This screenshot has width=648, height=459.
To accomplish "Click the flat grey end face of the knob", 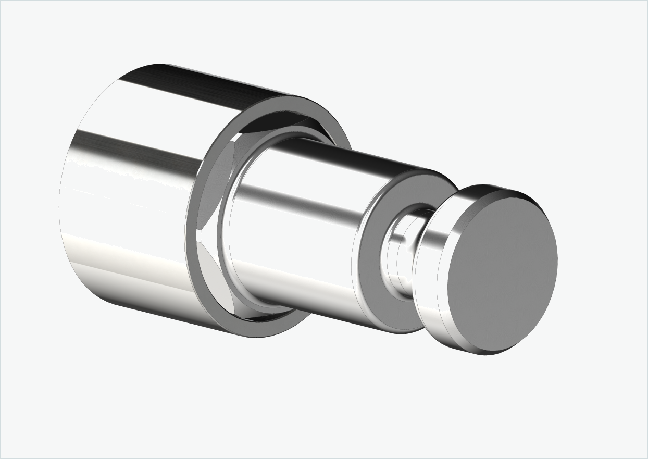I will point(503,271).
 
